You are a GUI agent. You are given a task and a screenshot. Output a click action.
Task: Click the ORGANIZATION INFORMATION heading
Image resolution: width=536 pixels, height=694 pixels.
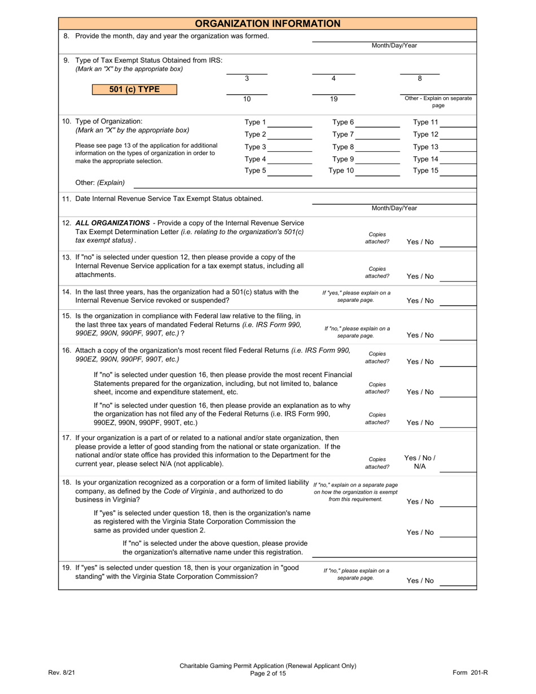tap(267, 24)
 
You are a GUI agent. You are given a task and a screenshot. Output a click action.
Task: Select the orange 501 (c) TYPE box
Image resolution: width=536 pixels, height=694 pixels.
tap(134, 90)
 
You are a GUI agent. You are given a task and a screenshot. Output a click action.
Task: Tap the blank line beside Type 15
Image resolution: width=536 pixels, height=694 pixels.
tap(458, 173)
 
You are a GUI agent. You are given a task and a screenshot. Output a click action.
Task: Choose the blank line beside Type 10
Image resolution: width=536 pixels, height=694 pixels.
tap(377, 173)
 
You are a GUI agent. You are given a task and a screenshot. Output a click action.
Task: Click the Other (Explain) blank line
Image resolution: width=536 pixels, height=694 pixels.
tap(305, 185)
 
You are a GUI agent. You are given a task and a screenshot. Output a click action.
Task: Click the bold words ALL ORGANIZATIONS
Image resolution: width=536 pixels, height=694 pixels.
tap(112, 223)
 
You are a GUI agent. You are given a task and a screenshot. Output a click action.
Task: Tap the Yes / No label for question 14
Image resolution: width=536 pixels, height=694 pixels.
tap(420, 301)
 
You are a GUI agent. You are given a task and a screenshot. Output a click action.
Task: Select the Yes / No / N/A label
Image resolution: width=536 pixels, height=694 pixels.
tap(420, 462)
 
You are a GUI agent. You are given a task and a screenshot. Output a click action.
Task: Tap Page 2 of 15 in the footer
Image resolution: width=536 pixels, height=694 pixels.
tap(268, 673)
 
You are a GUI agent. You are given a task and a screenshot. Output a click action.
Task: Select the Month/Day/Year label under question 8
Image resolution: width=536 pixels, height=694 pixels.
tap(394, 46)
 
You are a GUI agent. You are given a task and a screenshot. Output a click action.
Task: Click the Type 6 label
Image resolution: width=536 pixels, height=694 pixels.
tap(343, 122)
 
